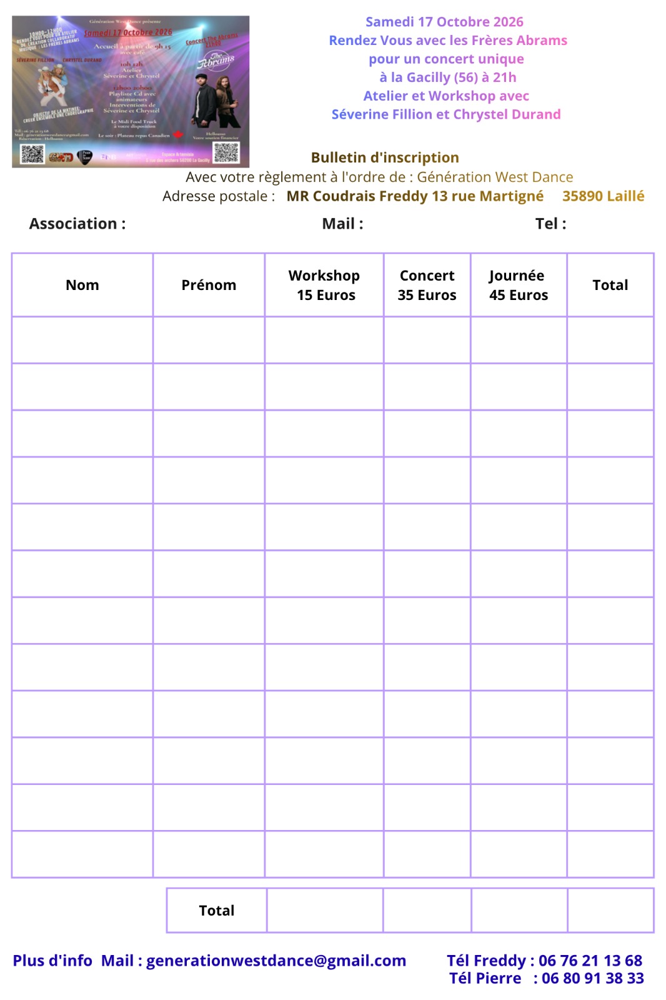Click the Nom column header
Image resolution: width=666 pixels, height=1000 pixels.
[82, 285]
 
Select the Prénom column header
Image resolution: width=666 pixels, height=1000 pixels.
[209, 285]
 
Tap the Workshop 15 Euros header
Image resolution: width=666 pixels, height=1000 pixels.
[324, 285]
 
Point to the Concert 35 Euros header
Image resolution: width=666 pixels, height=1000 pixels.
[427, 285]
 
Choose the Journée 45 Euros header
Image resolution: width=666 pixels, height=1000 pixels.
[518, 285]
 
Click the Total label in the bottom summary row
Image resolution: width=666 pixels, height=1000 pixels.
[216, 911]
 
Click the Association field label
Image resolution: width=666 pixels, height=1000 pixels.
[77, 224]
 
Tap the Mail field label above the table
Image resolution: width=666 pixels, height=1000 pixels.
[342, 224]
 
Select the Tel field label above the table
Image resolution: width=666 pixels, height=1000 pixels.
[550, 224]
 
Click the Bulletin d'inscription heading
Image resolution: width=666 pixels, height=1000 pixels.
[385, 157]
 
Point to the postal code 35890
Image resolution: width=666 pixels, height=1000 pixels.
[582, 196]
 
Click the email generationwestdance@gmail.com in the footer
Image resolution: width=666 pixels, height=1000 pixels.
[276, 961]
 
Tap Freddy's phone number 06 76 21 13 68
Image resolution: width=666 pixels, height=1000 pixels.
[590, 961]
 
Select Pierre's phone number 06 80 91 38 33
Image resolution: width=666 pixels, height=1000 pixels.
[592, 978]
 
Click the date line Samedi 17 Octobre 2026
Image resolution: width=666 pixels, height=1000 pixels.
[444, 22]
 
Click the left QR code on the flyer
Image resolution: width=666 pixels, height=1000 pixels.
[32, 153]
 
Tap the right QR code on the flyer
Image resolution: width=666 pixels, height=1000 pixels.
[226, 152]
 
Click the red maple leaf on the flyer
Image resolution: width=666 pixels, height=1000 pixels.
[178, 134]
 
